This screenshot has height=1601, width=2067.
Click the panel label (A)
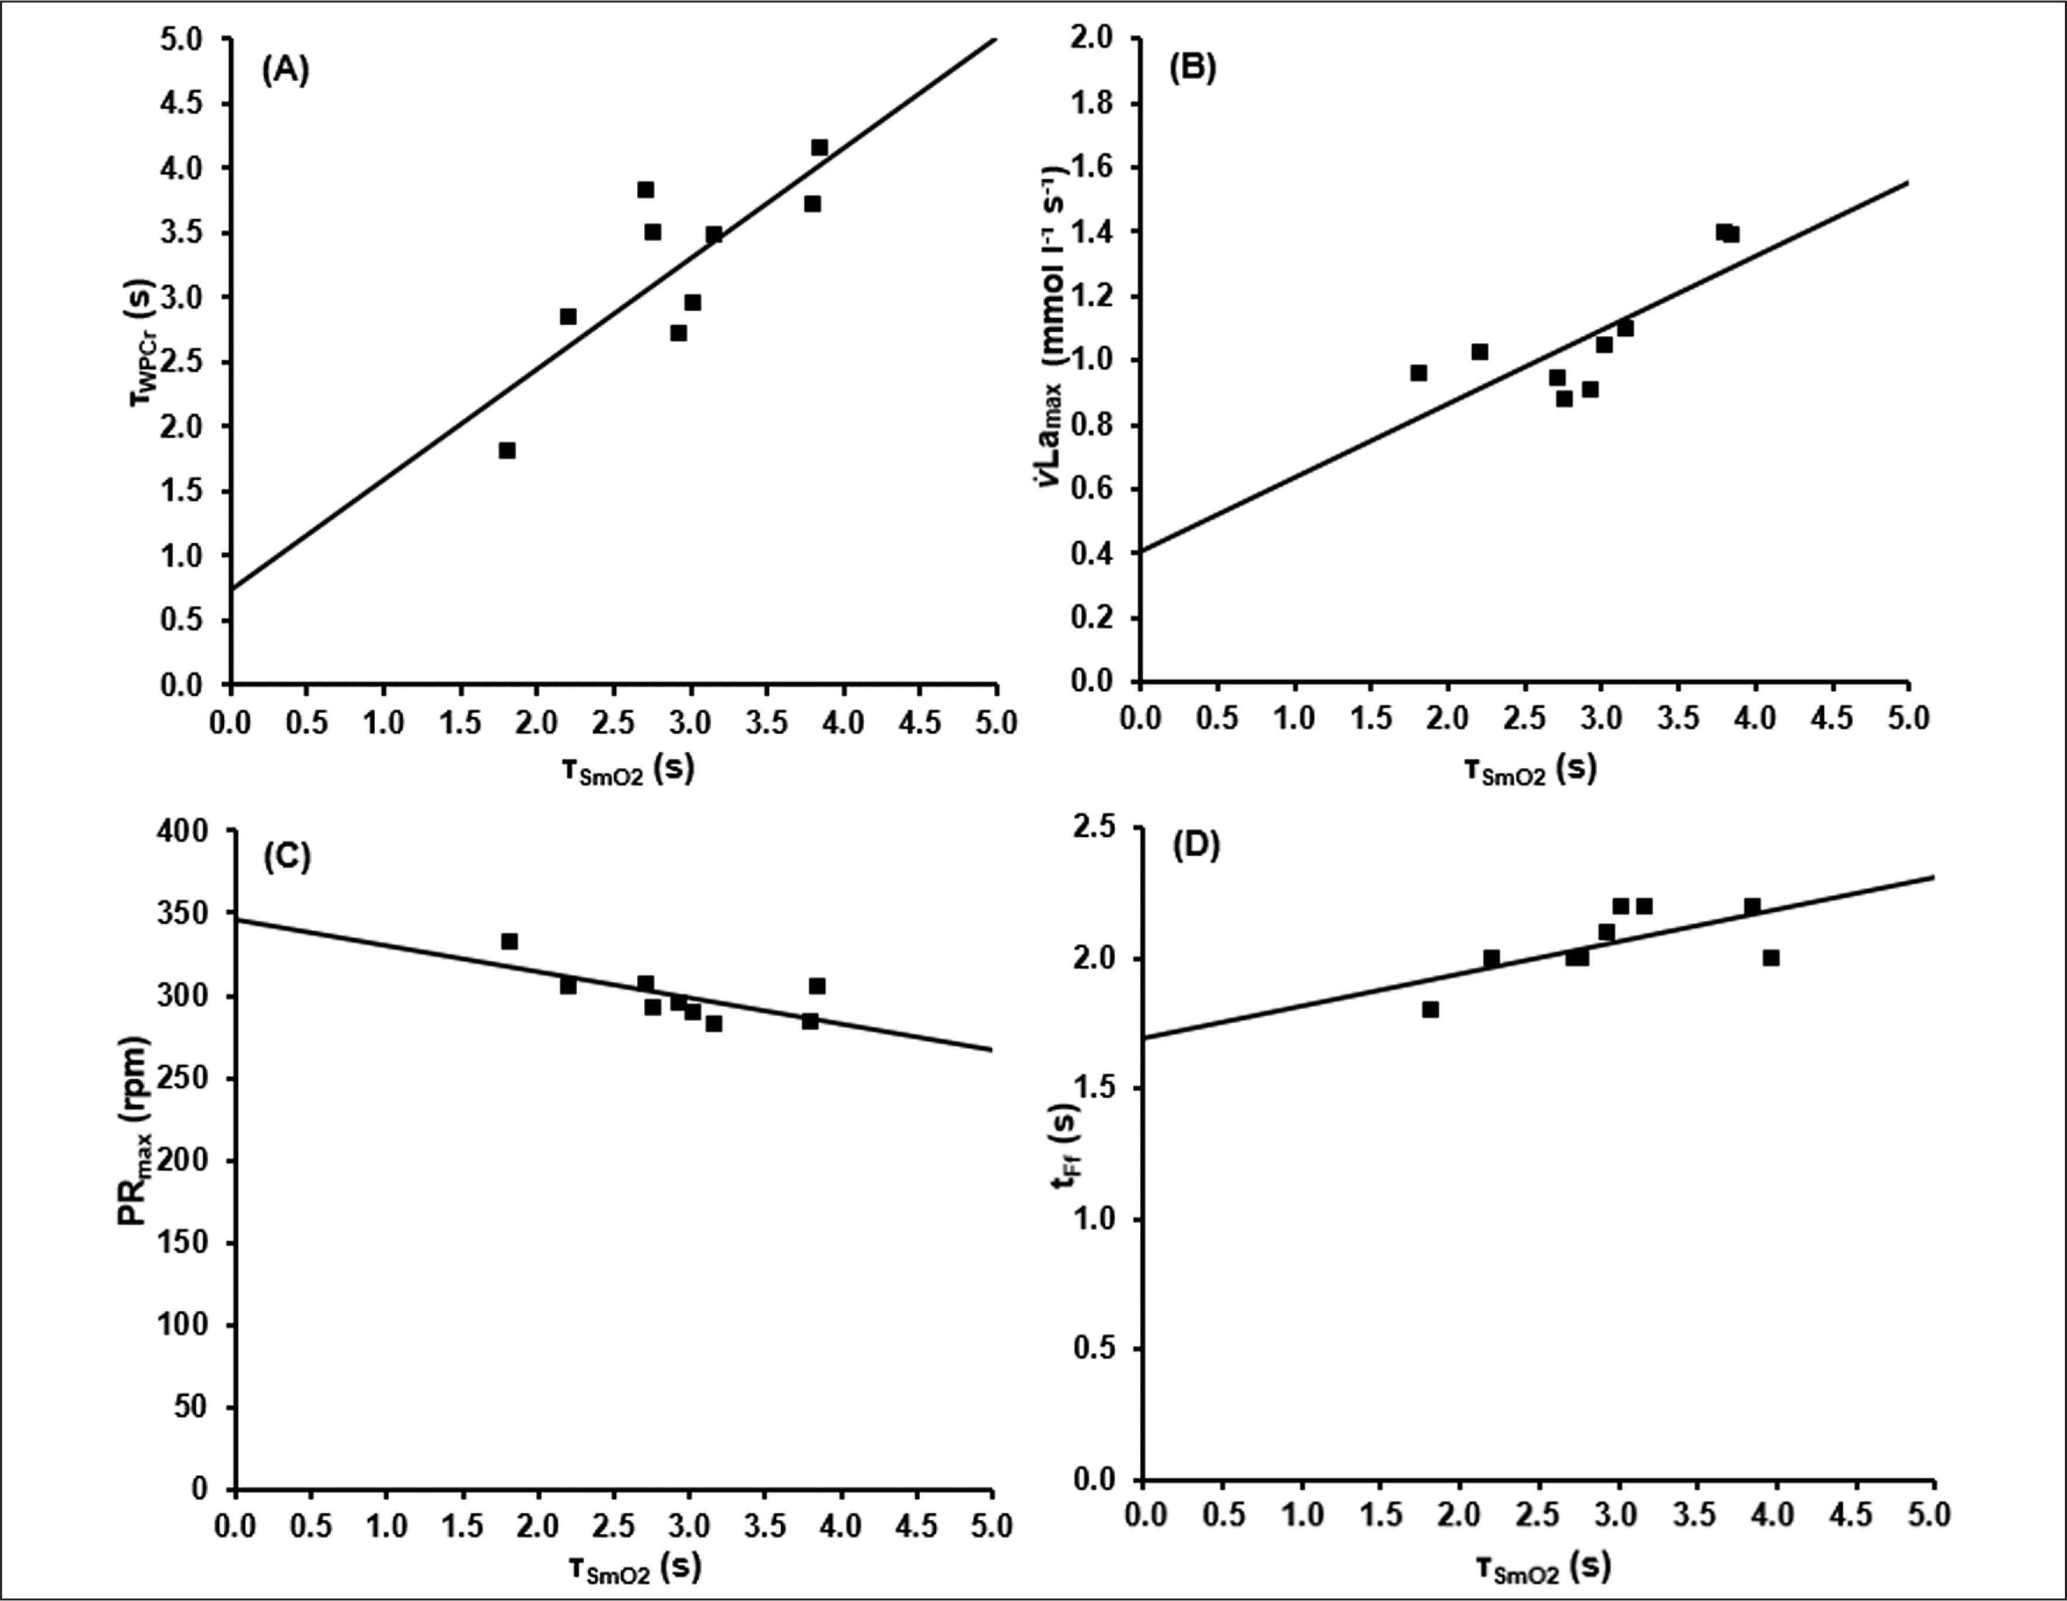(x=285, y=71)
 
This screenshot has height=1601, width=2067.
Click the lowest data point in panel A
(x=508, y=451)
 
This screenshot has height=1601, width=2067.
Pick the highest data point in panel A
(x=820, y=148)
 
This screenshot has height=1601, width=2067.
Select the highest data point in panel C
(x=509, y=942)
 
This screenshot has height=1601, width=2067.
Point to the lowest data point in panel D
(x=1430, y=1010)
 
